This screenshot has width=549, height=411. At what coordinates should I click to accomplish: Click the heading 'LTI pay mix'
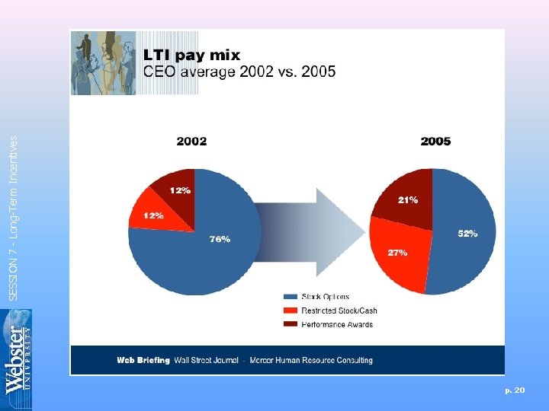tap(192, 55)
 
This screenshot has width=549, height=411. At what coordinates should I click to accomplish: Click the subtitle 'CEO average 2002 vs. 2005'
tap(239, 72)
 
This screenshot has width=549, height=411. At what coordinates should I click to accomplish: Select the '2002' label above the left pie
tap(191, 141)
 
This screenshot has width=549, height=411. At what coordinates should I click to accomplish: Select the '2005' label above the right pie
tap(435, 141)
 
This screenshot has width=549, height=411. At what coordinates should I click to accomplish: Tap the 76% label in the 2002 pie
tap(220, 239)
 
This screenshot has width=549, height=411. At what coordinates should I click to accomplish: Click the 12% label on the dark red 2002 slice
tap(180, 190)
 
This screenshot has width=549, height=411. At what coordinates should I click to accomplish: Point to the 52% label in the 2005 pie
tap(467, 234)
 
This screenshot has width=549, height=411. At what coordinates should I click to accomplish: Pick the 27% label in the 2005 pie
tap(397, 252)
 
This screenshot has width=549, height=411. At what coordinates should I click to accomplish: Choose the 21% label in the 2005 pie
tap(407, 199)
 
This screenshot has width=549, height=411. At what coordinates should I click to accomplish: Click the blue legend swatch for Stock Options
tap(290, 297)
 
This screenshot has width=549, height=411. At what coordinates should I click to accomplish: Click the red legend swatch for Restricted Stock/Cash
tap(290, 311)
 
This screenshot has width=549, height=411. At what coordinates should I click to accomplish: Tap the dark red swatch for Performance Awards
tap(290, 324)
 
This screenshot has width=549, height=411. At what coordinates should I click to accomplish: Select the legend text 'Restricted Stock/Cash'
tap(339, 311)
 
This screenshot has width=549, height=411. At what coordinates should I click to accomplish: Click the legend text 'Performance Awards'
tap(337, 324)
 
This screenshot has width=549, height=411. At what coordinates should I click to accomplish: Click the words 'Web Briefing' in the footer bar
tap(143, 360)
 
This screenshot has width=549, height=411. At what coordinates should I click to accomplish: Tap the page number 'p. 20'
tap(515, 390)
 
